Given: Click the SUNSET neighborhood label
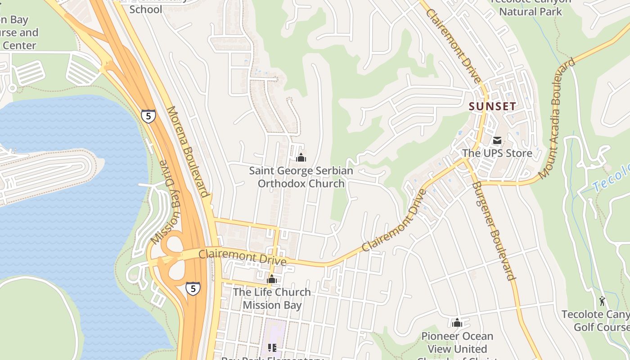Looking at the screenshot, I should (x=492, y=107).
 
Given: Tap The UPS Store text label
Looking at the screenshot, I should (x=497, y=153).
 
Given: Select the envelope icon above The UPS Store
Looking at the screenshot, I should (x=497, y=141).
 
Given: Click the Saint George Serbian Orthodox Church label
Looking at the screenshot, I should (x=301, y=177).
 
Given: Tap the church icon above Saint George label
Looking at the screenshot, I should (x=301, y=157).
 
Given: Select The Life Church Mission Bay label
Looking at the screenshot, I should (x=272, y=298).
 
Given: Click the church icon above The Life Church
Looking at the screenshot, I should (x=271, y=279).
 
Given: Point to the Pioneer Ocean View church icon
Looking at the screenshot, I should (x=457, y=323).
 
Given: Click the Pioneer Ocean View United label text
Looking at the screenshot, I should (x=457, y=342).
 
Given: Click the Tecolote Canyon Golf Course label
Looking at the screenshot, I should (x=598, y=320).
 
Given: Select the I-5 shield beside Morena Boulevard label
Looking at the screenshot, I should (x=148, y=116).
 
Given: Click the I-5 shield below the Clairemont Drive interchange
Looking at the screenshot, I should (x=193, y=288).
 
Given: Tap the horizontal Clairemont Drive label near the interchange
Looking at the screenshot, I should (x=242, y=257).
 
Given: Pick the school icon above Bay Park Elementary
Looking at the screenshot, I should (x=272, y=347).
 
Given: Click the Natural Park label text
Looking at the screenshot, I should (x=531, y=11).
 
